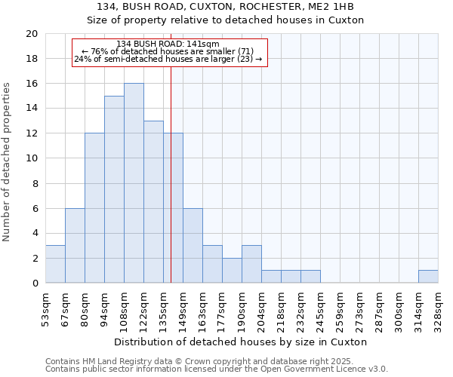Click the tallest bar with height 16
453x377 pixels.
(134, 183)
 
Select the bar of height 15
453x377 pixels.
(114, 189)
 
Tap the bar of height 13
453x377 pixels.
(153, 202)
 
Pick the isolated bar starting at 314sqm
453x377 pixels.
(428, 277)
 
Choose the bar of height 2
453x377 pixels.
(232, 271)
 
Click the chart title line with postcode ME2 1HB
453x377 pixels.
(226, 7)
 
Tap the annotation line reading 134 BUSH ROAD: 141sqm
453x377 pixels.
(168, 44)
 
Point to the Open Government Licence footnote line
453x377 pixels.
(217, 369)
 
